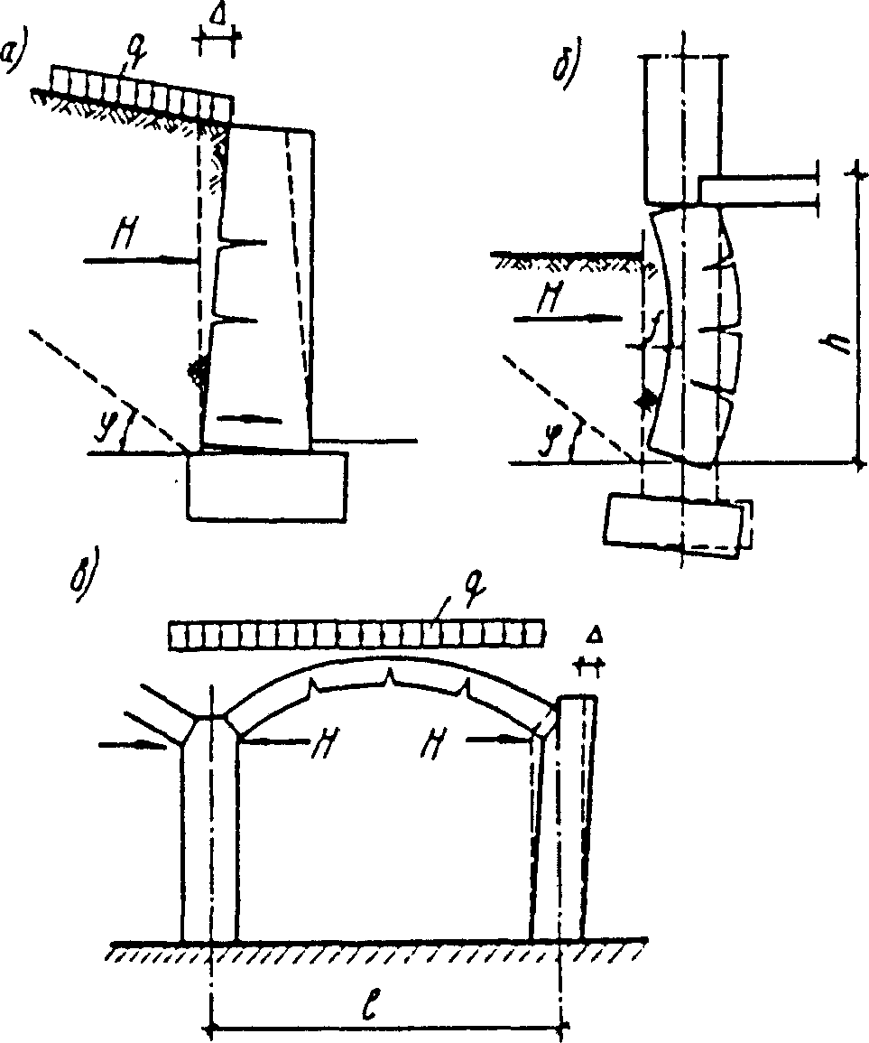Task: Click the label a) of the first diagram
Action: (17, 57)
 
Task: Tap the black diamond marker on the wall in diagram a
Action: (197, 368)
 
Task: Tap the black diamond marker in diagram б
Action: (644, 401)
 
